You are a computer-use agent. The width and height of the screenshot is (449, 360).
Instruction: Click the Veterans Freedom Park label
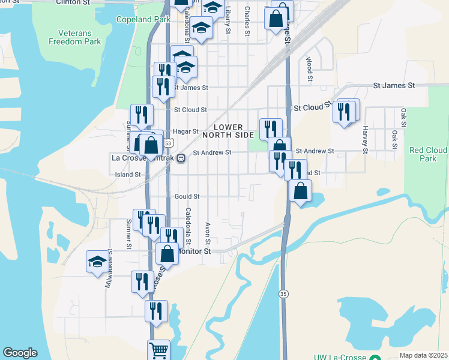click(x=75, y=37)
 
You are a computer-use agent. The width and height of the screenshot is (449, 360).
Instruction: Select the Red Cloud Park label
click(x=427, y=154)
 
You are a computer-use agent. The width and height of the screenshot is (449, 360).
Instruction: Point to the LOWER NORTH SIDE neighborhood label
click(x=228, y=131)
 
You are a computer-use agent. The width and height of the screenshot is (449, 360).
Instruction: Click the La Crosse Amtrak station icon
click(x=180, y=158)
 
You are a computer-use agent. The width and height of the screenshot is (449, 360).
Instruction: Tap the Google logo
click(x=20, y=353)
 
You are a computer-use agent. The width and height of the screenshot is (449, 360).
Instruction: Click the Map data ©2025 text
click(x=423, y=355)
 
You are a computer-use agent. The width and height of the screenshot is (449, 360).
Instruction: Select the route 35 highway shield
click(x=283, y=293)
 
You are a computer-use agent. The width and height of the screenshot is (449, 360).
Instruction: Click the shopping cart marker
click(x=158, y=350)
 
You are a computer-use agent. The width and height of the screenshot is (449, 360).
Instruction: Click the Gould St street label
click(x=187, y=196)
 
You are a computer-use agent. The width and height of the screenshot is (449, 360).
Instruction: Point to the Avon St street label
click(x=207, y=234)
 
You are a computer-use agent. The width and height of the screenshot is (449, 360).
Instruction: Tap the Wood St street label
click(x=309, y=69)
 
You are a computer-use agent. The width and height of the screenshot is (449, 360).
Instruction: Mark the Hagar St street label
click(x=185, y=131)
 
